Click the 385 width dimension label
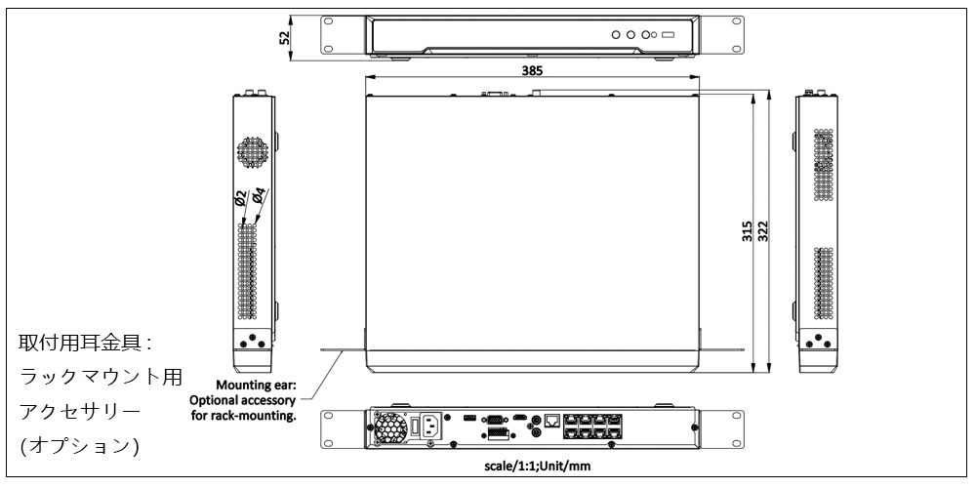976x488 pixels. point(531,71)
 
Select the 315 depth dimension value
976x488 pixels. point(747,231)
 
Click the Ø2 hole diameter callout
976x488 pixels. point(241,202)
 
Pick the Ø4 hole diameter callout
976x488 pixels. point(258,195)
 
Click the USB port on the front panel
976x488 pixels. point(668,35)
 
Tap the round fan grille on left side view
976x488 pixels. point(255,152)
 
